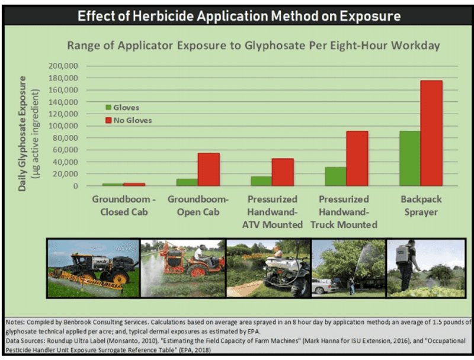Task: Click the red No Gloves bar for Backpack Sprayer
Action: [431, 133]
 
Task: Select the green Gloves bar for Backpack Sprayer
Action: [410, 158]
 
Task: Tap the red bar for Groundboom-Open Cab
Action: [209, 169]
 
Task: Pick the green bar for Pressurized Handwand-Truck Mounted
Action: [335, 176]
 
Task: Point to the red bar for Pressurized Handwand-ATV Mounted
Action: [283, 172]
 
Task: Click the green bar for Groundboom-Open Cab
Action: [187, 182]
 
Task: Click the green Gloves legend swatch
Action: [108, 108]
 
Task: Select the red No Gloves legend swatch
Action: [108, 120]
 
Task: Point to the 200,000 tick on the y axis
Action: [63, 66]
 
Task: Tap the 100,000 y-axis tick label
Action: [63, 126]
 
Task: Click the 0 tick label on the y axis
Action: [75, 186]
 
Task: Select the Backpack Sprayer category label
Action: [421, 205]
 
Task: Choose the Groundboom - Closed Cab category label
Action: [124, 205]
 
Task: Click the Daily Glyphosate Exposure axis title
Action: [22, 133]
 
